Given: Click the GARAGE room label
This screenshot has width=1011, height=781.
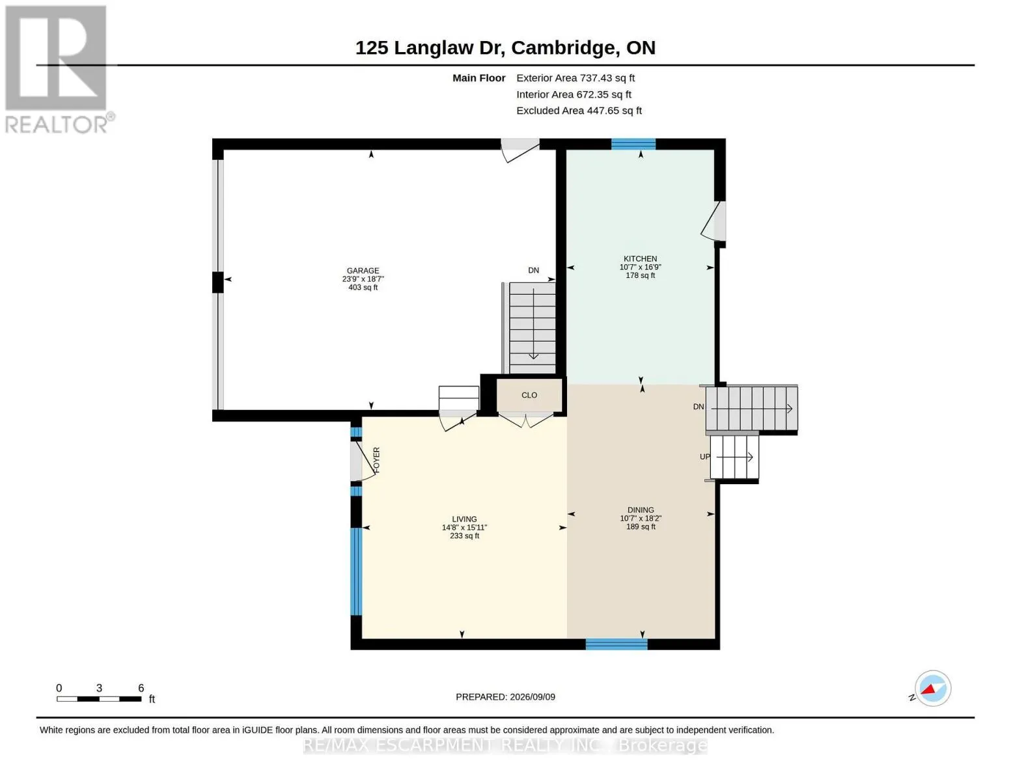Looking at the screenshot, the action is (x=363, y=271).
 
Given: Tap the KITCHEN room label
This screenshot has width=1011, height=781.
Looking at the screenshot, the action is (x=640, y=258).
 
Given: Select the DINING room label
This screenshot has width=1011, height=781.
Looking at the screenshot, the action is (x=640, y=510).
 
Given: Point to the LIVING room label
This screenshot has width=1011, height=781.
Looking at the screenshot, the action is (x=464, y=519).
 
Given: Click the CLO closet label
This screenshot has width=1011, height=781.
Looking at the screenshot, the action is (x=529, y=396).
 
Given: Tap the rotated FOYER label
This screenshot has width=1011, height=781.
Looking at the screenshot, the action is (x=376, y=460).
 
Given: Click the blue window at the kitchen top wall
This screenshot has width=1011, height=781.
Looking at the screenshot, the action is (x=633, y=144).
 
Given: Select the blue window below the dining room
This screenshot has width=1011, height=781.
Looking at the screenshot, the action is (x=616, y=644).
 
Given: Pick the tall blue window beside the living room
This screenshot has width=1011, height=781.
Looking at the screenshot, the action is (x=356, y=571).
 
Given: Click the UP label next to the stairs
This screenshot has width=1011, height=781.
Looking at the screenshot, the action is (x=705, y=457).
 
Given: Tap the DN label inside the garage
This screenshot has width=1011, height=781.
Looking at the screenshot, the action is (x=533, y=270).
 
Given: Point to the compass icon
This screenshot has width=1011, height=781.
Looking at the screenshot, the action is (x=932, y=689).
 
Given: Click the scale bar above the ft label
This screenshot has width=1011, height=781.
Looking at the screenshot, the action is (x=99, y=698).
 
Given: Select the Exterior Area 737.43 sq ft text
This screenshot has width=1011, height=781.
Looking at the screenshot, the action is (x=575, y=78).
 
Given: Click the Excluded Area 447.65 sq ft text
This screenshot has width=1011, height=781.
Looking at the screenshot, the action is (x=579, y=111).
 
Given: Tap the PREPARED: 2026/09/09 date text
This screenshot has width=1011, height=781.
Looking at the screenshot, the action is (x=505, y=697).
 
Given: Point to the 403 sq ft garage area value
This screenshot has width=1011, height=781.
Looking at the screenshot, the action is (x=363, y=288).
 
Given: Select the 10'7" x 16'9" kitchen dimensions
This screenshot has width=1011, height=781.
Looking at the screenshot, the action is (x=640, y=267).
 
